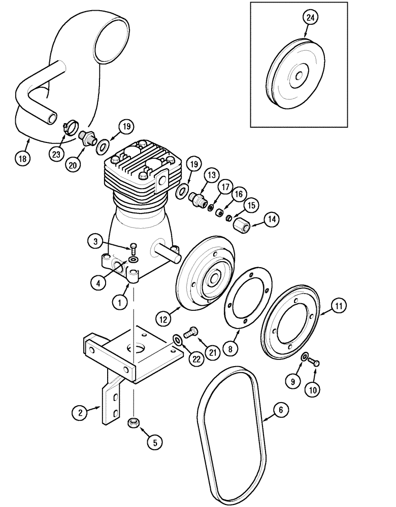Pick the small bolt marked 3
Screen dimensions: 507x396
(133, 248)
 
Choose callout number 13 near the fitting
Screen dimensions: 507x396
(211, 175)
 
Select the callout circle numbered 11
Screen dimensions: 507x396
(339, 306)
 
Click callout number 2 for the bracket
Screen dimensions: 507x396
(78, 413)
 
